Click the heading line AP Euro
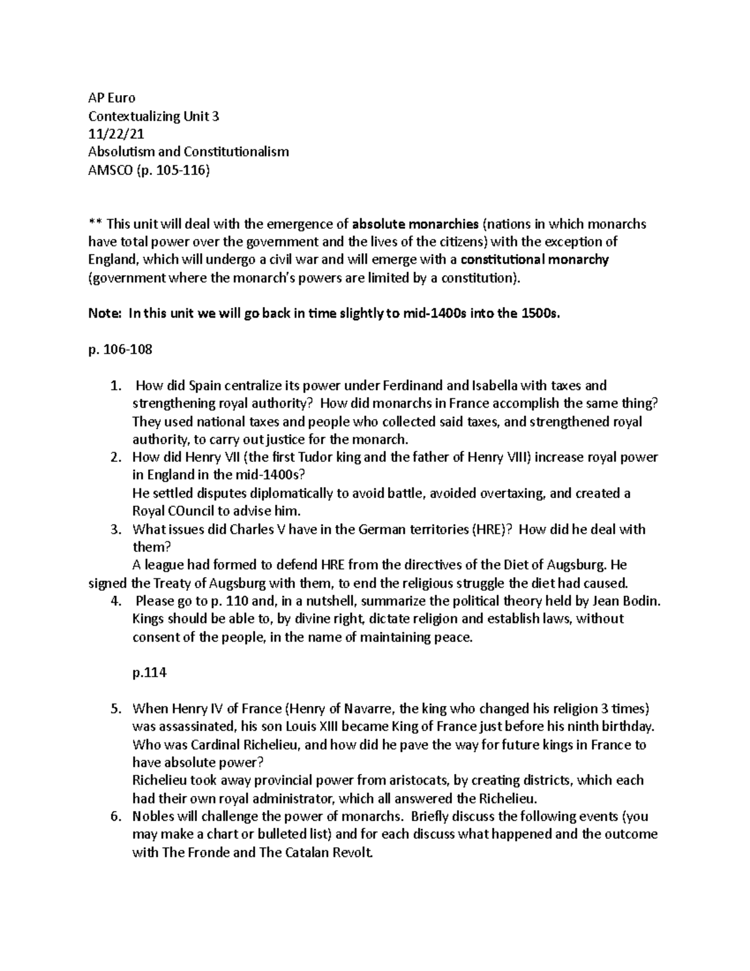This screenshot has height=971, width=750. point(111,98)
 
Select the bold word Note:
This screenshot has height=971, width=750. point(104,314)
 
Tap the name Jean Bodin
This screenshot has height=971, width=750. point(627,601)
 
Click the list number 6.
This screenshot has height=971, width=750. point(114,816)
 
